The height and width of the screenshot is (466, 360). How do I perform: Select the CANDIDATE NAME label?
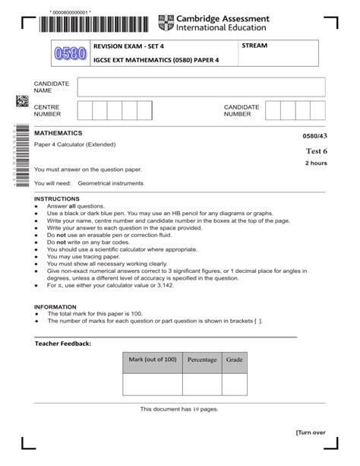[52, 87]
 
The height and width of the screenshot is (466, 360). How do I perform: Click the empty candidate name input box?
[201, 87]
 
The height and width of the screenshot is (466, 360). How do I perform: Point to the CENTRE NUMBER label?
[48, 111]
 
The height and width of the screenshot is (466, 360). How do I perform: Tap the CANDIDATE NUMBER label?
[242, 111]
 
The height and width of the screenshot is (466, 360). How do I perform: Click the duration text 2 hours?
[316, 163]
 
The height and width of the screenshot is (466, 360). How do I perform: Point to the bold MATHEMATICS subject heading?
[58, 132]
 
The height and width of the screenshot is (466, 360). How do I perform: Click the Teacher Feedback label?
[63, 344]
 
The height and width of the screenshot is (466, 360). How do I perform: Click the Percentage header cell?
[202, 360]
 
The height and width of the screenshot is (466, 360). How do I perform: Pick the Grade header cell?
[234, 360]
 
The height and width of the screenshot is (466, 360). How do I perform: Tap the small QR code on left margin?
[21, 101]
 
